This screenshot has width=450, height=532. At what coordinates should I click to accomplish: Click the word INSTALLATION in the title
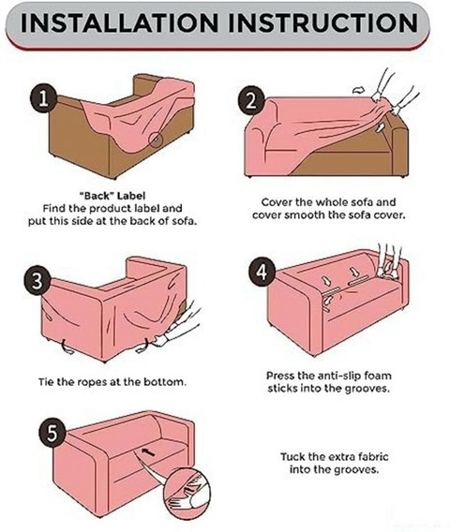point(119,22)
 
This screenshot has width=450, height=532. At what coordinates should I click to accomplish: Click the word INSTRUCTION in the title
point(323,22)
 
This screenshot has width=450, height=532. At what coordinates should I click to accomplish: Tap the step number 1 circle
point(43,98)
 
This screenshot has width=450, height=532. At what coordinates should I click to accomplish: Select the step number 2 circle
point(251,100)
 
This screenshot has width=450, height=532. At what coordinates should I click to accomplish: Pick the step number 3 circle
point(37,280)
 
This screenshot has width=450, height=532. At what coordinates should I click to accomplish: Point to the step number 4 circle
point(262,272)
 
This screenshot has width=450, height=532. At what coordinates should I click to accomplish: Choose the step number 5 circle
point(52,433)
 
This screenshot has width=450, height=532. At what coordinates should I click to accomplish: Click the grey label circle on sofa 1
point(156,140)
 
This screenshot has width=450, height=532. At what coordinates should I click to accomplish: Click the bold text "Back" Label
point(112,196)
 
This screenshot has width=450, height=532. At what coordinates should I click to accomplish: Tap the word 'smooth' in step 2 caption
point(304,215)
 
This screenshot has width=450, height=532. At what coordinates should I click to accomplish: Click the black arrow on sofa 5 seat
point(148,452)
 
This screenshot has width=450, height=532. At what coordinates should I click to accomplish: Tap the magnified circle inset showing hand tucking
point(187,493)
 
